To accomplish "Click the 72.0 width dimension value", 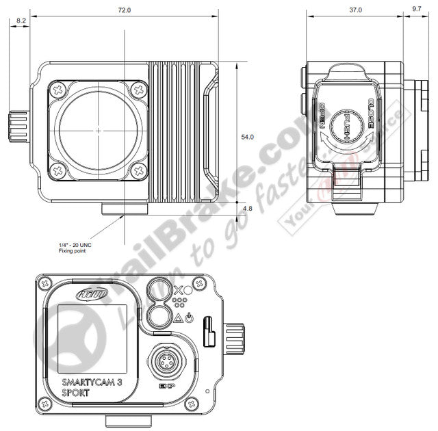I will click(125, 11).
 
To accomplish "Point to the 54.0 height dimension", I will click(247, 137).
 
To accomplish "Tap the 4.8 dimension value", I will click(247, 208).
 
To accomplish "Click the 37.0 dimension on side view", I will click(355, 10).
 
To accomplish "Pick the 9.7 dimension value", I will click(416, 10).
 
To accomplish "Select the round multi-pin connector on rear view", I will click(165, 361).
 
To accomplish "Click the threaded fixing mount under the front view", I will click(124, 209).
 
